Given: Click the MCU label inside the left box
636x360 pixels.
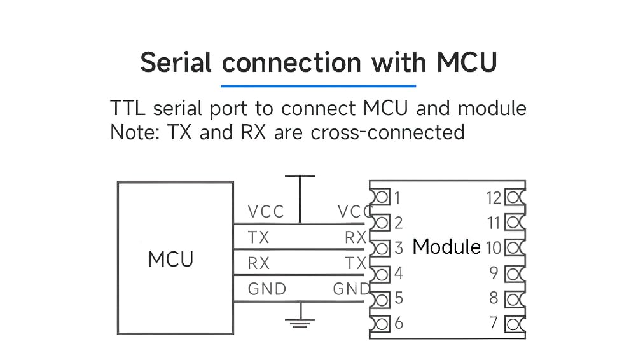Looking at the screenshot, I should click(170, 260).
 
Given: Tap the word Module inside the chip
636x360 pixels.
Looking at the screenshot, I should click(446, 247).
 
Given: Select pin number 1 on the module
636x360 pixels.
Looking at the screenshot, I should click(398, 198).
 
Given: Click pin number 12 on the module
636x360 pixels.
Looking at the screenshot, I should click(494, 198).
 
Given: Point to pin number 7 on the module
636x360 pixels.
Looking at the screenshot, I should click(494, 323).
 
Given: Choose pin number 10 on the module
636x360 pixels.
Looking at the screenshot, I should click(494, 247).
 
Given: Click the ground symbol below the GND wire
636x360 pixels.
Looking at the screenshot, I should click(300, 323).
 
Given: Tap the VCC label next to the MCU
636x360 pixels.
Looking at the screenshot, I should click(266, 212).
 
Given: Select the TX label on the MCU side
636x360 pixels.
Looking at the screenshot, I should click(259, 238).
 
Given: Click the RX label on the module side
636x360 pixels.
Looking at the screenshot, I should click(355, 238).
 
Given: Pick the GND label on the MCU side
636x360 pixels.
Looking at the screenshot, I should click(267, 289).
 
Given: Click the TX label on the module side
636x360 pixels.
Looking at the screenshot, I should click(356, 263).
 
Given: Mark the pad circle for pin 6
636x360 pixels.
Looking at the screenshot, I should click(382, 324).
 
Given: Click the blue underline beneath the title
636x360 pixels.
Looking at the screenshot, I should click(318, 85).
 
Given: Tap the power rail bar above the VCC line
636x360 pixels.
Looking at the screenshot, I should click(300, 176).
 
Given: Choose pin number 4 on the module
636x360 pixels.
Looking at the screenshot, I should click(398, 273).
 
